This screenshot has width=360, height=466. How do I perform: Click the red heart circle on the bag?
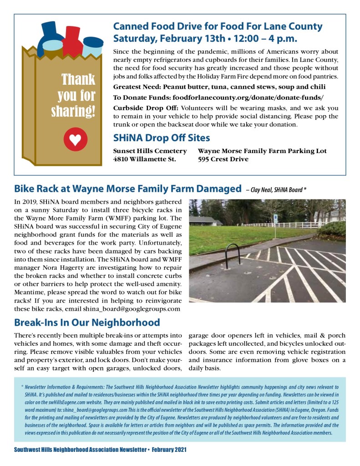coord(76,139)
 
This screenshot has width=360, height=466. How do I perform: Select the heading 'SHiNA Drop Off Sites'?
coord(162,138)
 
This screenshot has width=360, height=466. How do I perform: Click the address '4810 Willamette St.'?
coord(144,159)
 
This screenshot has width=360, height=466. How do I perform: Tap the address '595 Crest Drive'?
coord(223,159)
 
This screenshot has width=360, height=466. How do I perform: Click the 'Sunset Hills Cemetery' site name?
coord(150,151)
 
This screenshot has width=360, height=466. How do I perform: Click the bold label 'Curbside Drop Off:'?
coord(146,108)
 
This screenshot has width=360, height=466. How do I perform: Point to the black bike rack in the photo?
coord(233,253)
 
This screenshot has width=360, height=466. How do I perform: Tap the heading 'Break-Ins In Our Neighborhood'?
coord(87,323)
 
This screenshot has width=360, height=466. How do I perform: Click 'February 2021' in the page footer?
coord(169,450)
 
